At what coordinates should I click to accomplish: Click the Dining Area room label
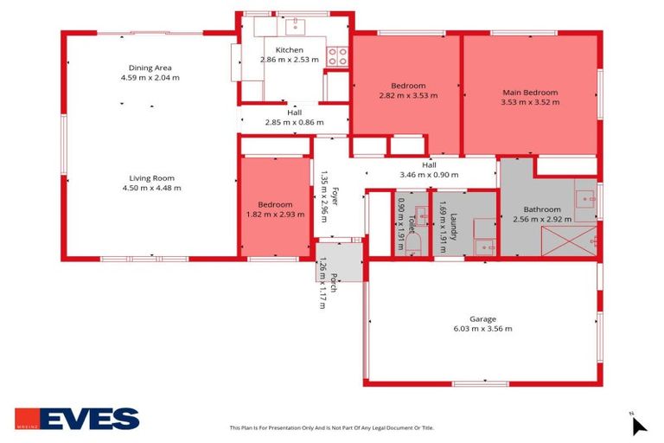pyautogui.click(x=150, y=67)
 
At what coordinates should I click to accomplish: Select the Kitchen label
pyautogui.click(x=290, y=49)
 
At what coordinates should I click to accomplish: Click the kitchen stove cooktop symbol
pyautogui.click(x=338, y=57)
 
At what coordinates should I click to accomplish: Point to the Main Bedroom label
pyautogui.click(x=530, y=93)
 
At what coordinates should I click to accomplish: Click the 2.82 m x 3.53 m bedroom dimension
pyautogui.click(x=408, y=95)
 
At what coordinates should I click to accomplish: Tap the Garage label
pyautogui.click(x=482, y=318)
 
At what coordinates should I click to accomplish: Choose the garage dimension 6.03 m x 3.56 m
pyautogui.click(x=482, y=329)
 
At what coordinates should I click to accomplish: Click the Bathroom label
pyautogui.click(x=542, y=209)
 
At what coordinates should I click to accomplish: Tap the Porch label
pyautogui.click(x=332, y=282)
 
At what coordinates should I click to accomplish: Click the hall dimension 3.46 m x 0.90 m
pyautogui.click(x=429, y=175)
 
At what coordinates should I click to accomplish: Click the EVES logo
pyautogui.click(x=77, y=419)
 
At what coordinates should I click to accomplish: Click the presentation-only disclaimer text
pyautogui.click(x=331, y=427)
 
